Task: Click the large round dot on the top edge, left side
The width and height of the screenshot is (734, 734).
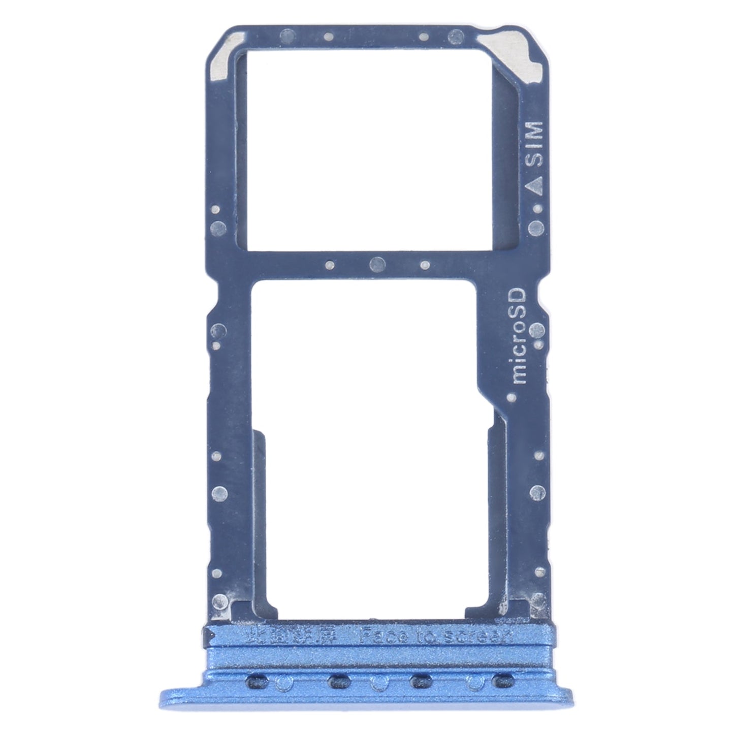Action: point(287,36)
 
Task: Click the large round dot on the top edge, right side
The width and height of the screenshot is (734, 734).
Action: point(457,36)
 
